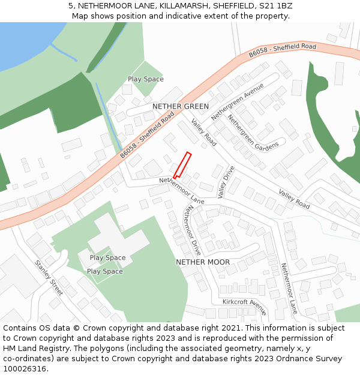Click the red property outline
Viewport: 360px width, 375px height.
pos(182,165)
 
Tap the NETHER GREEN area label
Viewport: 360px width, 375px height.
pos(181,106)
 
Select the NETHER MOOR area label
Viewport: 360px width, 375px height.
pos(202,262)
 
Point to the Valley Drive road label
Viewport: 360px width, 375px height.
pos(226,182)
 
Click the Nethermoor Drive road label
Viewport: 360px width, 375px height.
pos(194,230)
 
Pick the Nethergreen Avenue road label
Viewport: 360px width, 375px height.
pos(238,101)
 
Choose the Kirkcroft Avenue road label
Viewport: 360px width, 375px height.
pos(244,306)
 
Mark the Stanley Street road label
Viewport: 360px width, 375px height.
pos(49,277)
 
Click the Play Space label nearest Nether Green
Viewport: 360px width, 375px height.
pos(145,79)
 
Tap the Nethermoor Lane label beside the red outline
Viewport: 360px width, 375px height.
pos(182,190)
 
